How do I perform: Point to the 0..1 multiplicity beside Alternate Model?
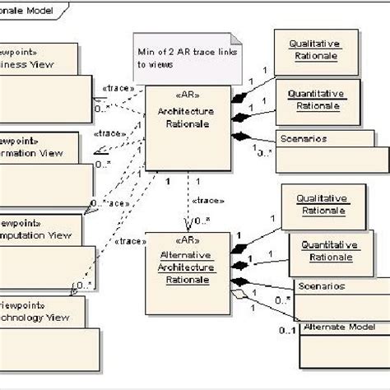click(285, 331)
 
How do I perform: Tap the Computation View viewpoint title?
click(41, 230)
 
